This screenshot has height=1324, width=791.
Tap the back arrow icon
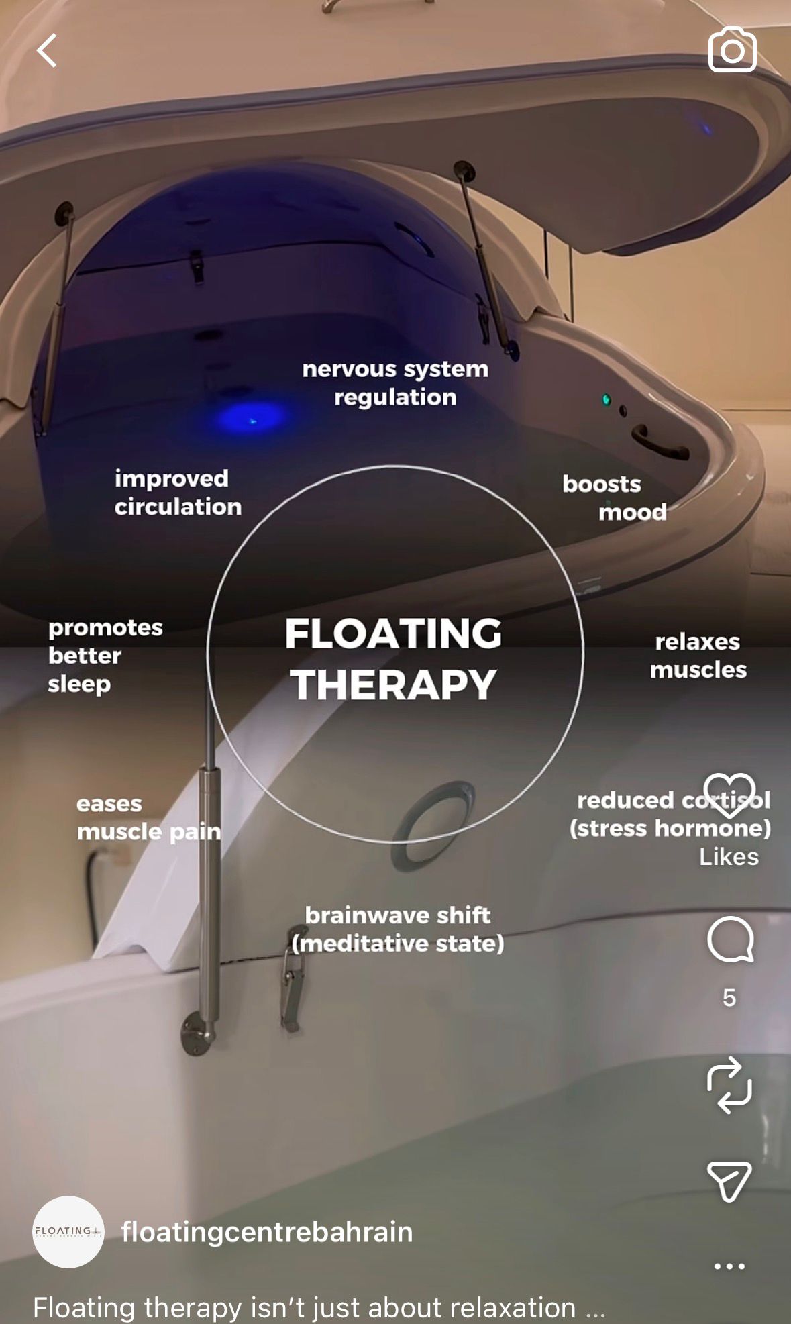pos(46,51)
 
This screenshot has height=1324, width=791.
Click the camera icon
pos(732,50)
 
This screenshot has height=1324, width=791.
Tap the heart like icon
pos(729,795)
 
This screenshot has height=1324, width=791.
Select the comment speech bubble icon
pos(730,939)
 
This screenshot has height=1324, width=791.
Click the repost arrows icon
pos(729,1085)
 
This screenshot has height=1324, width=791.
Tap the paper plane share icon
pos(729,1181)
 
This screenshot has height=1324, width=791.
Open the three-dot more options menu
pos(729,1266)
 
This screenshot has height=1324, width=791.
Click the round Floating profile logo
pos(68,1232)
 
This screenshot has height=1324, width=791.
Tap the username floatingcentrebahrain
pos(267,1232)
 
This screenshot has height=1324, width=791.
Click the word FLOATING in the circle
pos(394,633)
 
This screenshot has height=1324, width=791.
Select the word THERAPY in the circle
pos(394,685)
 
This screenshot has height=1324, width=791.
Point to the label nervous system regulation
pos(395,383)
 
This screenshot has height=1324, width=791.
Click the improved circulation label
pos(178,493)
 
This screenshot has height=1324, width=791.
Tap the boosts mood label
pos(615,498)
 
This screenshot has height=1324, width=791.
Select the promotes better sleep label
pos(105,656)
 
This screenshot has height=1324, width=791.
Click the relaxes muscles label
pos(698,656)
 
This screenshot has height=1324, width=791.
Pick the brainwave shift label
pos(398,929)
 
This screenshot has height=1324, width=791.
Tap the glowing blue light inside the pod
pos(251,418)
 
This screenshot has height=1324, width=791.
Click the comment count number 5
pos(729,998)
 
